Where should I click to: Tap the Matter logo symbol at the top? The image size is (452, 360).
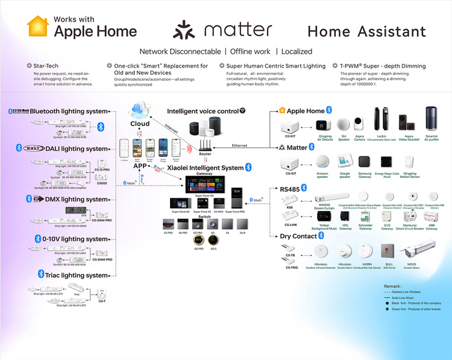coord(184,30)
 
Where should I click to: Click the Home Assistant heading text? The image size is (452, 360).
coord(366,31)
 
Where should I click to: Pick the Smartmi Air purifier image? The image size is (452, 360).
coord(432,119)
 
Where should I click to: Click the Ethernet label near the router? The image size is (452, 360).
coord(240,145)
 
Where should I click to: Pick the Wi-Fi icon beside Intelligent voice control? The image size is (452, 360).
coord(242,111)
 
